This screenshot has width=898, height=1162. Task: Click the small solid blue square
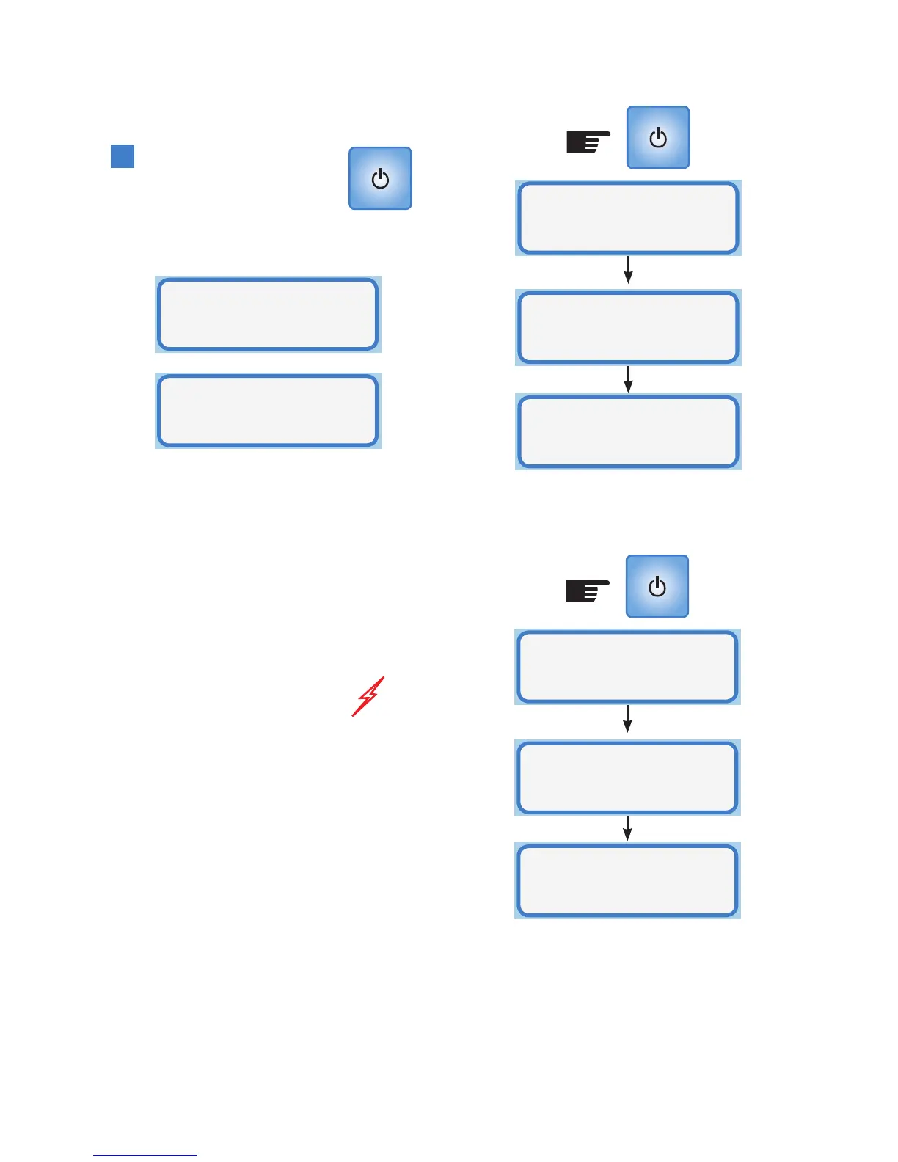pos(123,156)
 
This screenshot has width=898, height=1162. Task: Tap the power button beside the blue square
pos(380,178)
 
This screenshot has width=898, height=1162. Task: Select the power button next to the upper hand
pos(658,137)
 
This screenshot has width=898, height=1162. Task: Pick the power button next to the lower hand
pos(657,586)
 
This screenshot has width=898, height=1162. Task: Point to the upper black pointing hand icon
pos(588,142)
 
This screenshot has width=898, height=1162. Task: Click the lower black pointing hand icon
pos(588,591)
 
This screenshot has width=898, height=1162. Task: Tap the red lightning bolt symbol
pos(368,696)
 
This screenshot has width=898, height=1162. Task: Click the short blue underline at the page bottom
pos(145,1155)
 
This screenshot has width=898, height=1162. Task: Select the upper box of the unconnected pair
pos(268,314)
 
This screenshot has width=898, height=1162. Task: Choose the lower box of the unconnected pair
pos(268,410)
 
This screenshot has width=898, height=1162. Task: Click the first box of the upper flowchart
pos(628,218)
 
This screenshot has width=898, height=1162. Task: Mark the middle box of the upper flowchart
pos(628,327)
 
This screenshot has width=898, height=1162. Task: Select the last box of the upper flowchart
pos(628,431)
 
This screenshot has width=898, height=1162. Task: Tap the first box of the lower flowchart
pos(627,667)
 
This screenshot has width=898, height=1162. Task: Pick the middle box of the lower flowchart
pos(627,778)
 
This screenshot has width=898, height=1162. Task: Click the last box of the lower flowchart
pos(627,880)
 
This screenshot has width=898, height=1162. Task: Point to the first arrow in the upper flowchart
pos(628,270)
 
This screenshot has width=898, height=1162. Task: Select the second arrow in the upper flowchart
pos(628,379)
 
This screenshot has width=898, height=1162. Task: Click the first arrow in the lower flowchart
pos(627,719)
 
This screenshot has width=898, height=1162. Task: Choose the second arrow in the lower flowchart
pos(627,827)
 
